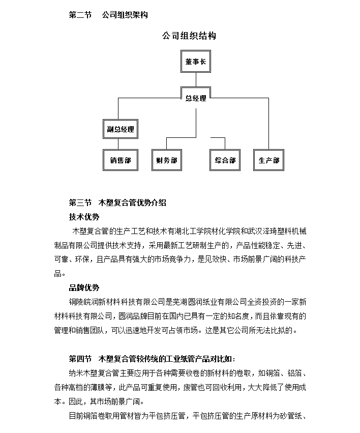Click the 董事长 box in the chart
(x=196, y=61)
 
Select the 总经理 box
(x=196, y=98)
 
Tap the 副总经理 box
(x=121, y=129)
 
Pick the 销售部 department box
(x=121, y=160)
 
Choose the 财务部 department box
(x=167, y=160)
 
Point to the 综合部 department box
(x=225, y=160)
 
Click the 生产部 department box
(x=268, y=160)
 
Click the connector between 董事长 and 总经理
(x=196, y=80)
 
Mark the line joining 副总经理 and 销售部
(x=118, y=144)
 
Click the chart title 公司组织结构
(x=189, y=36)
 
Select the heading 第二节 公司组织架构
(x=108, y=15)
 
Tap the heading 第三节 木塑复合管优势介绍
(x=117, y=203)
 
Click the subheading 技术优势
(x=84, y=217)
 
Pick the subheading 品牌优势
(x=84, y=288)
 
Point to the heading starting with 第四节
(x=152, y=359)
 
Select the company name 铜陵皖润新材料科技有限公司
(x=116, y=302)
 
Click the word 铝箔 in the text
(x=294, y=373)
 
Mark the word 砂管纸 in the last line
(x=291, y=416)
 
